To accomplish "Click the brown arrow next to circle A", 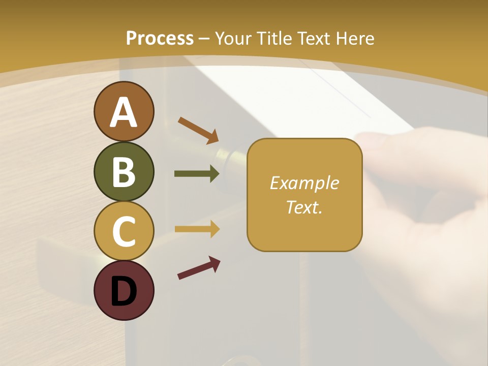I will [x=198, y=130].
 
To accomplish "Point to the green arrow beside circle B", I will [x=197, y=174].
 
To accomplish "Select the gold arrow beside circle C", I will [x=197, y=229].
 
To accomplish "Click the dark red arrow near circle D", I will [x=199, y=268].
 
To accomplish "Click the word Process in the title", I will [x=160, y=38].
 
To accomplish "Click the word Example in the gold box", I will [x=304, y=183].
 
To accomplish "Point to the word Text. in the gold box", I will [x=304, y=207].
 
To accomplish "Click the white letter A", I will [x=124, y=112].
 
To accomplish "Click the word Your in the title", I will [x=234, y=38].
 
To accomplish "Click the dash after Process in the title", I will [x=204, y=38].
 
